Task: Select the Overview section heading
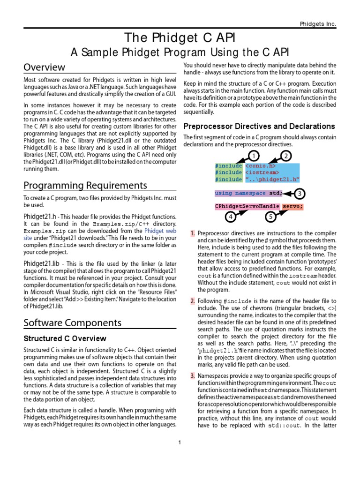click(45, 67)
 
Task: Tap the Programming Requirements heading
click(85, 185)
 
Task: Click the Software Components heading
click(73, 322)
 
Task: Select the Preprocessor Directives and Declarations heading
click(259, 127)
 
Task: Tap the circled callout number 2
click(286, 155)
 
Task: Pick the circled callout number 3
click(300, 194)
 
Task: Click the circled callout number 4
click(230, 217)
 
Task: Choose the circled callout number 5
click(270, 217)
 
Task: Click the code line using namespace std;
click(249, 193)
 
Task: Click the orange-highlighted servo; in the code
click(293, 206)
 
